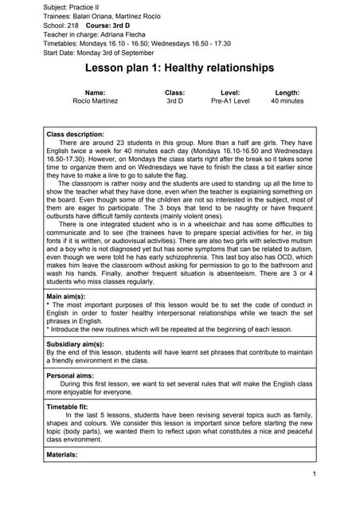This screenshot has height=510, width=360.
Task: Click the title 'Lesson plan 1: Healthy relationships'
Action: coord(179,69)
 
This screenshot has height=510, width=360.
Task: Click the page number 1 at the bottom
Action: coord(315,475)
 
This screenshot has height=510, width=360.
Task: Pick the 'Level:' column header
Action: coord(229,93)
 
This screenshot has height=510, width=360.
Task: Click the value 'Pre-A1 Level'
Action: coord(230,102)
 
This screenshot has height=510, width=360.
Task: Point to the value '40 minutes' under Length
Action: coord(287,102)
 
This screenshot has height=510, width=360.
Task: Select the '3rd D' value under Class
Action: coord(174,102)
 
